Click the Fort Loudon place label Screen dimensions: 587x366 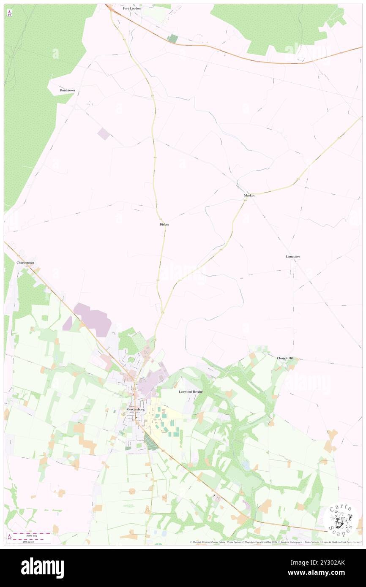point(131,8)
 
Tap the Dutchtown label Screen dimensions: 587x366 point(67,90)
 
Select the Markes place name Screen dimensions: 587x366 point(249,196)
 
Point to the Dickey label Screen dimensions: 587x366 point(164,224)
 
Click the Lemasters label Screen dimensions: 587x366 point(293,256)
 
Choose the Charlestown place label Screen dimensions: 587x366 point(25,263)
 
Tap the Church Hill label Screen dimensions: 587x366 point(285,358)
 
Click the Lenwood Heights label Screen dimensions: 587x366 point(191,392)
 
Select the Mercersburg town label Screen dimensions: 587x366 point(136,410)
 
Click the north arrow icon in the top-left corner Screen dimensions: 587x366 point(9,13)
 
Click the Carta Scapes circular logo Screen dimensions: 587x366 point(341,520)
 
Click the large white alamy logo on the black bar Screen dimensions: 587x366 point(42,568)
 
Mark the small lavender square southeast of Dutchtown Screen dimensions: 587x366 point(104,134)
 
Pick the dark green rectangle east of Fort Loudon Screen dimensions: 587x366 point(173,38)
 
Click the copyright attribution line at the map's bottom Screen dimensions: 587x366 point(275,542)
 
